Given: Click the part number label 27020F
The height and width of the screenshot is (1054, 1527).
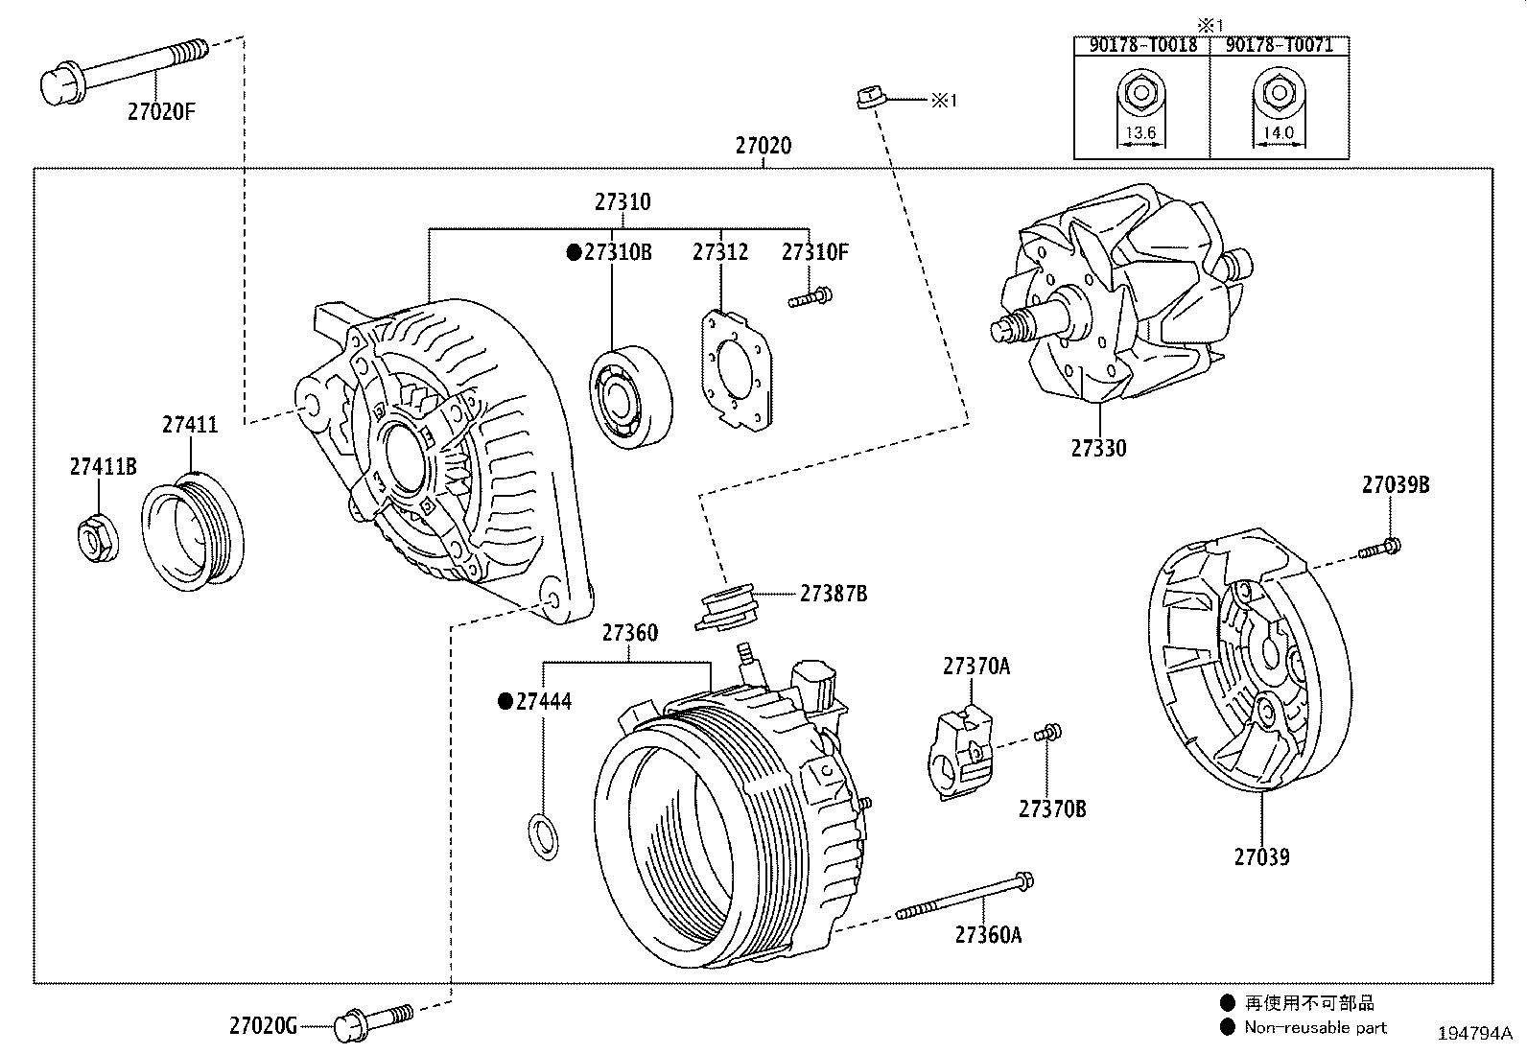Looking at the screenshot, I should (x=160, y=111).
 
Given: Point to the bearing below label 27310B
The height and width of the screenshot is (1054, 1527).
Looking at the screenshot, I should (x=630, y=393).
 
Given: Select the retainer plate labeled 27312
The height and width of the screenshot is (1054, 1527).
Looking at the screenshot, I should (x=736, y=367).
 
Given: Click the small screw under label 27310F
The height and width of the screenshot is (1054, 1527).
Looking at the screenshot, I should (x=810, y=297).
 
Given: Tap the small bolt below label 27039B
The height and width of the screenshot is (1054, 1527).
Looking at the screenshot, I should (x=1380, y=550).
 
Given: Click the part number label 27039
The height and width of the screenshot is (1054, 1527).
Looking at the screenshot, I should (x=1261, y=857).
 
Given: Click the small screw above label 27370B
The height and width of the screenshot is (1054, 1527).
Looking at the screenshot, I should (x=1048, y=734).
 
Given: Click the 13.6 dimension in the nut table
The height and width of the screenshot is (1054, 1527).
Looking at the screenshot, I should (x=1139, y=133).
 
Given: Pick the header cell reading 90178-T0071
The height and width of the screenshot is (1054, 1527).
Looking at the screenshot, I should (x=1280, y=45).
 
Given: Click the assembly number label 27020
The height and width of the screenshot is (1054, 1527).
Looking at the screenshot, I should (x=763, y=146).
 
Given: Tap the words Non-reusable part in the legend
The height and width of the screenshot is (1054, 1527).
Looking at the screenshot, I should (x=1315, y=1028).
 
